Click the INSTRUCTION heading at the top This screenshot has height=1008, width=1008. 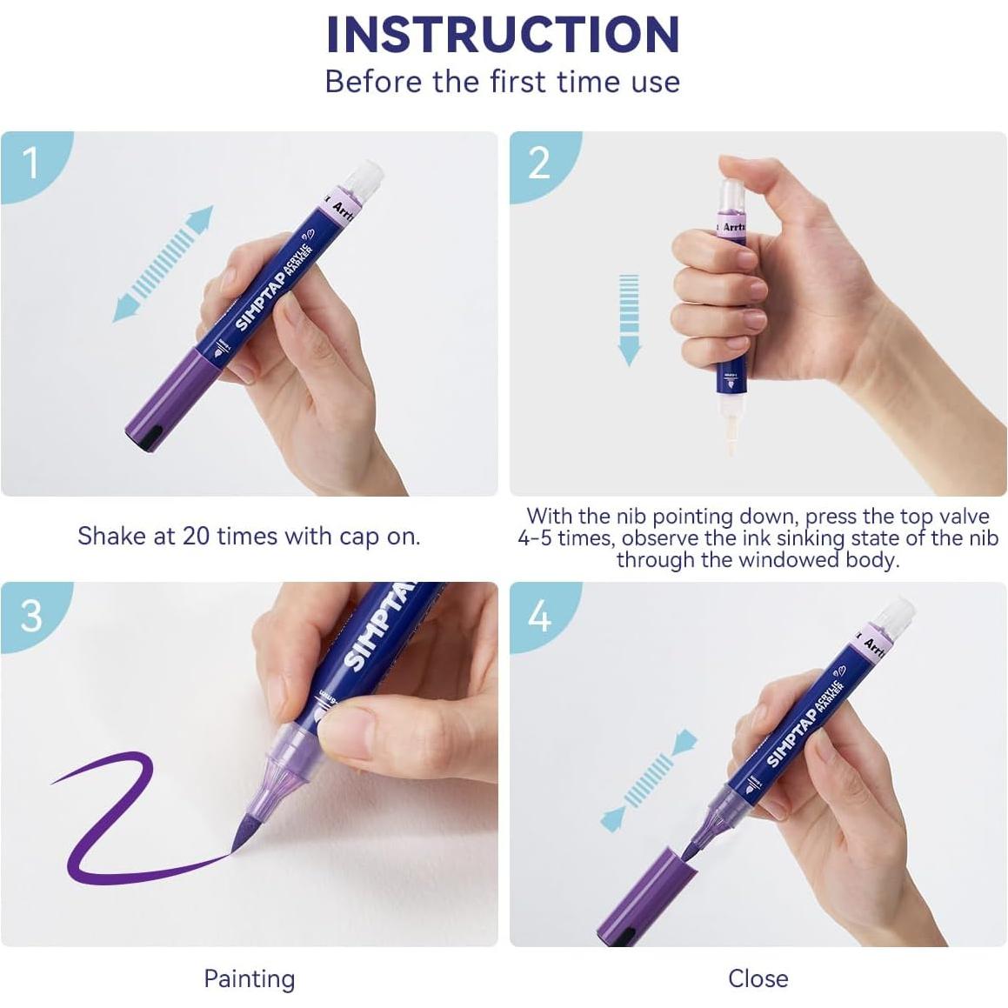coord(503,35)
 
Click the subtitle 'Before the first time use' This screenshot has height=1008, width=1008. coord(503,82)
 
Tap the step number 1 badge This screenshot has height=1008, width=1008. coord(32,162)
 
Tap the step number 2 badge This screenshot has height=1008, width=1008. coord(539,162)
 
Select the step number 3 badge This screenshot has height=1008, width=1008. coord(32,615)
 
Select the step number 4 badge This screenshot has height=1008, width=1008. coord(539,617)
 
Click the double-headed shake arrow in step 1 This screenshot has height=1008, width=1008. coord(164,264)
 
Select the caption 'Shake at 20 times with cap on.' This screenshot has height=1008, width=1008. coord(249,536)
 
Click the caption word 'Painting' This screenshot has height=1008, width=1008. coord(249,978)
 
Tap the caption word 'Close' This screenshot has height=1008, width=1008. coord(758,978)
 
